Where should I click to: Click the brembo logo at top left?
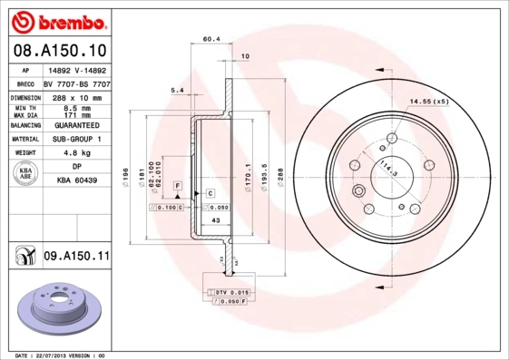point(58,19)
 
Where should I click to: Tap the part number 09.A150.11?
point(75,257)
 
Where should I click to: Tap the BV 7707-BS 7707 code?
point(76,83)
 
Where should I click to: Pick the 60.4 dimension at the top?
point(210,39)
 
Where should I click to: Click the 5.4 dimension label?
point(177,91)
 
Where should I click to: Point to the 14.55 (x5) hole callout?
point(429,101)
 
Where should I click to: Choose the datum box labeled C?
point(210,193)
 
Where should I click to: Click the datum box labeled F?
point(178,185)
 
